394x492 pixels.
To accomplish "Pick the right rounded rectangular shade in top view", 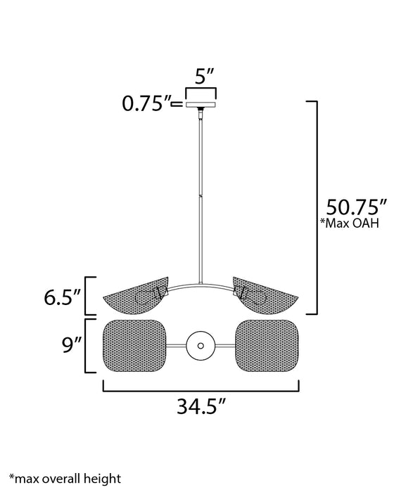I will pyautogui.click(x=269, y=345).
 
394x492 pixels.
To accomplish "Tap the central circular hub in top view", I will pyautogui.click(x=201, y=345).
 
